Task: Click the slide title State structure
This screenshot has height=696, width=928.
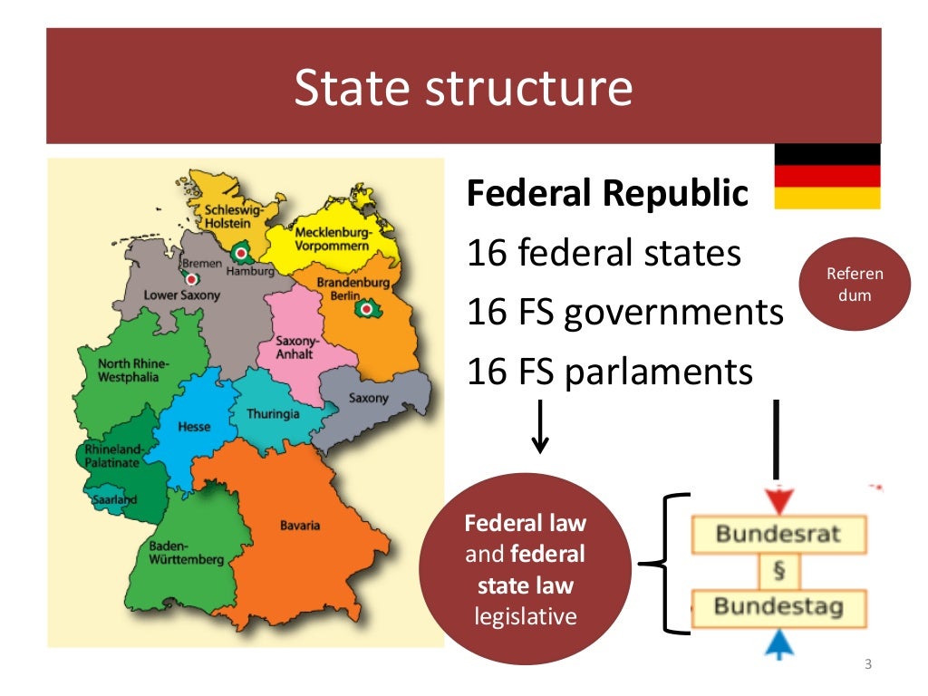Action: point(463,88)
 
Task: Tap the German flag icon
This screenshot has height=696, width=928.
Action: point(826,176)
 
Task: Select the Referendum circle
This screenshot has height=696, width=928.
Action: point(855,285)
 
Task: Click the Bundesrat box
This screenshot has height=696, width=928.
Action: point(778,533)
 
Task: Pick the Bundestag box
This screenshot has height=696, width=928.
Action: point(778,605)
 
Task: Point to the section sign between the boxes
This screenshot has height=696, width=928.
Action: point(778,570)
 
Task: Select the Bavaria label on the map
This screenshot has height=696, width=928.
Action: point(299,526)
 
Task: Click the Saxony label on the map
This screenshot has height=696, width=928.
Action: point(368,399)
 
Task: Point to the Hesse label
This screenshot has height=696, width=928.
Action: point(194,427)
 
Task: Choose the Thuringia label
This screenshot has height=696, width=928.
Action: point(273,414)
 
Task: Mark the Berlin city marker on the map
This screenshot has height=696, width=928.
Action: point(367,309)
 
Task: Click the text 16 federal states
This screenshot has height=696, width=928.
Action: point(604,254)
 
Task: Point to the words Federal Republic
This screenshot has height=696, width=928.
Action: point(607,193)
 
